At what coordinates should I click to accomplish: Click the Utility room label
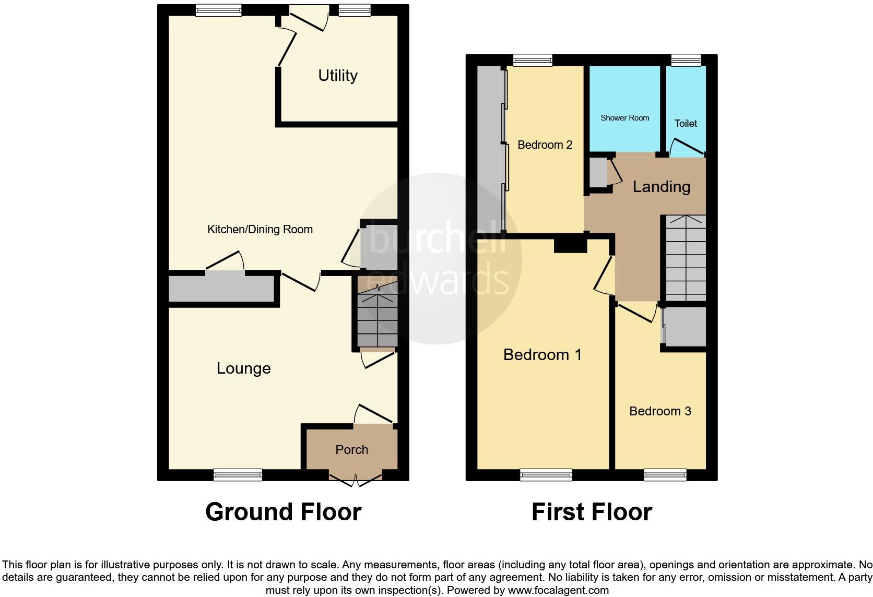coord(338,76)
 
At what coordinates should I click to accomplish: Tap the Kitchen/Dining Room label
coord(260,230)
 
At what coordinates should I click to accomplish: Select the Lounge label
coord(244,368)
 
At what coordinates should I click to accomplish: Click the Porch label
coord(351,450)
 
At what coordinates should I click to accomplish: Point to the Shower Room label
coord(624,118)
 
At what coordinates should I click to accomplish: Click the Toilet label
coord(686,124)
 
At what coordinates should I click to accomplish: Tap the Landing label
coord(661,187)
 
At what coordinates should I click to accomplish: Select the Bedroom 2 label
coord(545,145)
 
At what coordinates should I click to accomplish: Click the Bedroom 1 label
coord(542,355)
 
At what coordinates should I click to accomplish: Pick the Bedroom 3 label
coord(660,411)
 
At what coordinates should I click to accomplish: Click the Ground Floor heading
coord(283,512)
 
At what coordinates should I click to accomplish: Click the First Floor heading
coord(592,512)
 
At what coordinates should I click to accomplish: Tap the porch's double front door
coord(355,480)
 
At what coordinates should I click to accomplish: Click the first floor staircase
coord(685,258)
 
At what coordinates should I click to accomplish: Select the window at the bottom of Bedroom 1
coord(546,474)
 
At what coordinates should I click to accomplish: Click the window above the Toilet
coord(686,61)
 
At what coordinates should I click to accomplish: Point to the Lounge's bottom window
coord(238,474)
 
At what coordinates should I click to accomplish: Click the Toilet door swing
coord(685,148)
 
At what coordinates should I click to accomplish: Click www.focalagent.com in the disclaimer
coord(558,591)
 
